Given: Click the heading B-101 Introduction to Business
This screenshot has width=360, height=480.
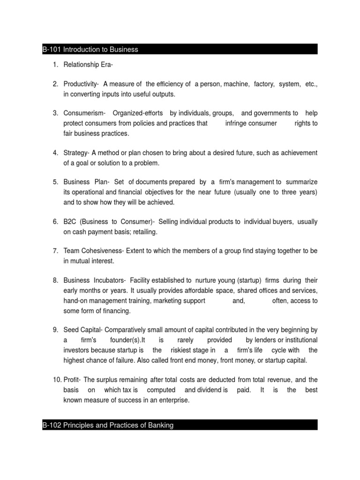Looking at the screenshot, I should (90, 50).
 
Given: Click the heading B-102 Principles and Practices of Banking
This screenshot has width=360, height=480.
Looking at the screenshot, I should (107, 425).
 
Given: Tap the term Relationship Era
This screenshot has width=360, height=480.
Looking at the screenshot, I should (82, 64).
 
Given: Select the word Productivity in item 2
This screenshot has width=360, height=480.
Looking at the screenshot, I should (81, 84).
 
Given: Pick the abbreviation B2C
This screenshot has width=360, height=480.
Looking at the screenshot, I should (70, 221).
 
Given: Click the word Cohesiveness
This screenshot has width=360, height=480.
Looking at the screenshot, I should (101, 251).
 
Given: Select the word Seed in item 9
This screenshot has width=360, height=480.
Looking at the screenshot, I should (71, 330).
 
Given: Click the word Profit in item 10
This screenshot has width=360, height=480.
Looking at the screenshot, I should (72, 380).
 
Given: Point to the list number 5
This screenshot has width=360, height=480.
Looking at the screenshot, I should (55, 182).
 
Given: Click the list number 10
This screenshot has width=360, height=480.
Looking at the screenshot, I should (54, 380).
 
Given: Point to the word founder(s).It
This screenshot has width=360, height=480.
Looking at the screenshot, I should (128, 340).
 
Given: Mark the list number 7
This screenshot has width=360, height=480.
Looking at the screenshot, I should (55, 251).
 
